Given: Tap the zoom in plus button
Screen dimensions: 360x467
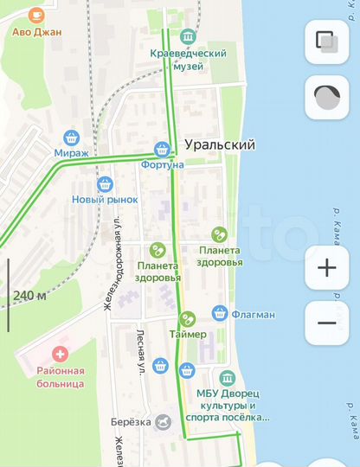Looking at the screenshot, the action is pyautogui.click(x=327, y=267).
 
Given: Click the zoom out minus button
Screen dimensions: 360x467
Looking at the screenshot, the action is pyautogui.click(x=327, y=323).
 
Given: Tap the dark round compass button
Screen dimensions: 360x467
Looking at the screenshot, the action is pyautogui.click(x=327, y=97).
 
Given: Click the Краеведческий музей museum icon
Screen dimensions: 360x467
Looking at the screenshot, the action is pyautogui.click(x=188, y=37).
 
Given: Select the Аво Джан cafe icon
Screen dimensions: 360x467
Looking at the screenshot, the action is pyautogui.click(x=35, y=15).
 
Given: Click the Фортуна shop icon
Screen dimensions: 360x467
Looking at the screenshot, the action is pyautogui.click(x=162, y=148).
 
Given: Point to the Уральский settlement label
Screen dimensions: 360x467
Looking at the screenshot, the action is pyautogui.click(x=220, y=145).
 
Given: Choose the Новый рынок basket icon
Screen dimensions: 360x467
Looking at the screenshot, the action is pyautogui.click(x=105, y=183).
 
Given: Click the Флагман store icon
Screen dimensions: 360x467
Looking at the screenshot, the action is pyautogui.click(x=220, y=313).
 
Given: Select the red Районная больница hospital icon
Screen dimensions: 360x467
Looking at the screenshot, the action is pyautogui.click(x=60, y=354).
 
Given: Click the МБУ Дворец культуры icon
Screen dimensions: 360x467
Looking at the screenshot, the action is pyautogui.click(x=228, y=378).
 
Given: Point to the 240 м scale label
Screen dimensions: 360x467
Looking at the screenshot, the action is pyautogui.click(x=30, y=296).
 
